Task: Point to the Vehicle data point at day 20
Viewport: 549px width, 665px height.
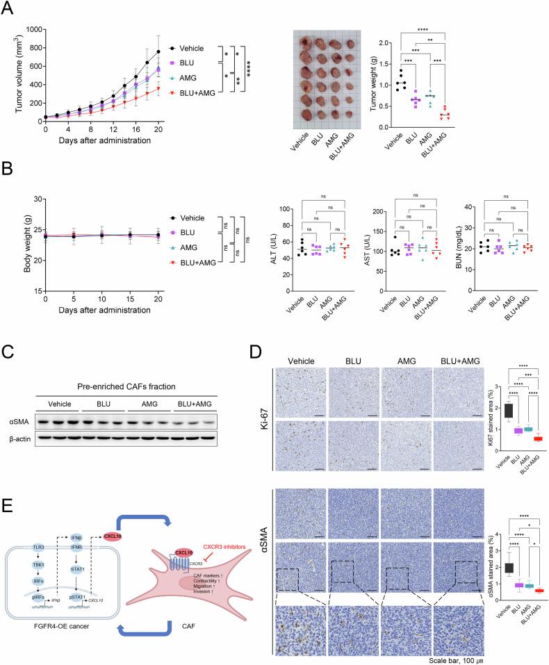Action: tap(158, 51)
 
